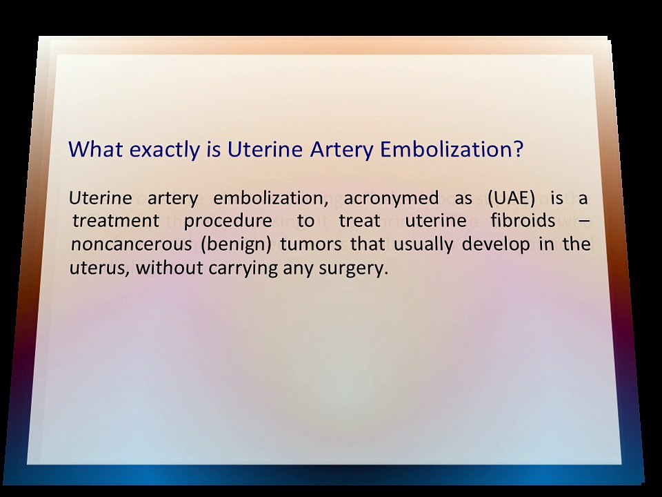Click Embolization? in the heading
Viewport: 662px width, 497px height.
(x=451, y=149)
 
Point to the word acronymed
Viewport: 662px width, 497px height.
(x=392, y=199)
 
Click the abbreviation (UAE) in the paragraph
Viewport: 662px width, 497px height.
(x=511, y=198)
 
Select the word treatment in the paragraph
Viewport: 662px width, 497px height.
(x=116, y=221)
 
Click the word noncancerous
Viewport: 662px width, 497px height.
(x=131, y=244)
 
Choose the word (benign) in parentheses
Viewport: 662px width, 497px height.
(x=236, y=244)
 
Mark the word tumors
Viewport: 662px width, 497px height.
(x=311, y=244)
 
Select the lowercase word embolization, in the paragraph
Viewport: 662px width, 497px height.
(x=270, y=199)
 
